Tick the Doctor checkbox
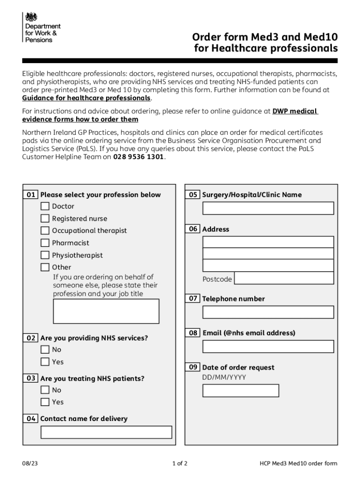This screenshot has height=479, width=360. point(45,206)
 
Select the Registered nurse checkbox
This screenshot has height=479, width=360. point(45,218)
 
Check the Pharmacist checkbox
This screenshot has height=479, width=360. point(45,243)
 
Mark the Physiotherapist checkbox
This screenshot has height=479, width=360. point(45,255)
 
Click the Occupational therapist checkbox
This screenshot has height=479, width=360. point(45,231)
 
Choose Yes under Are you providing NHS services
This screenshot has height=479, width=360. point(45,362)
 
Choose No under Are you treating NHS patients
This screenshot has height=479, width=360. point(45,390)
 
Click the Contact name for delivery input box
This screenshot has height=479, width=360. point(106,432)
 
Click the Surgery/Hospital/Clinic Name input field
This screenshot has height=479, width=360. point(268,208)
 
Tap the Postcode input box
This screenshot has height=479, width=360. point(284,278)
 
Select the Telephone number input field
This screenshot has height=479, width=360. point(268,312)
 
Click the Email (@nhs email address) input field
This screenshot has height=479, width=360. point(268,347)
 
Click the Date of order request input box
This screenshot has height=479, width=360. point(240,391)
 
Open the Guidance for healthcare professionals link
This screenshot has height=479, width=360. point(86,98)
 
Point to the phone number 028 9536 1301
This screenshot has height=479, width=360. point(138,157)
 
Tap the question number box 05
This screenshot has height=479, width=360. point(193,195)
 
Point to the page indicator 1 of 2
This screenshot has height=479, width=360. point(180,464)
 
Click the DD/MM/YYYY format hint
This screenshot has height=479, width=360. point(224,377)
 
